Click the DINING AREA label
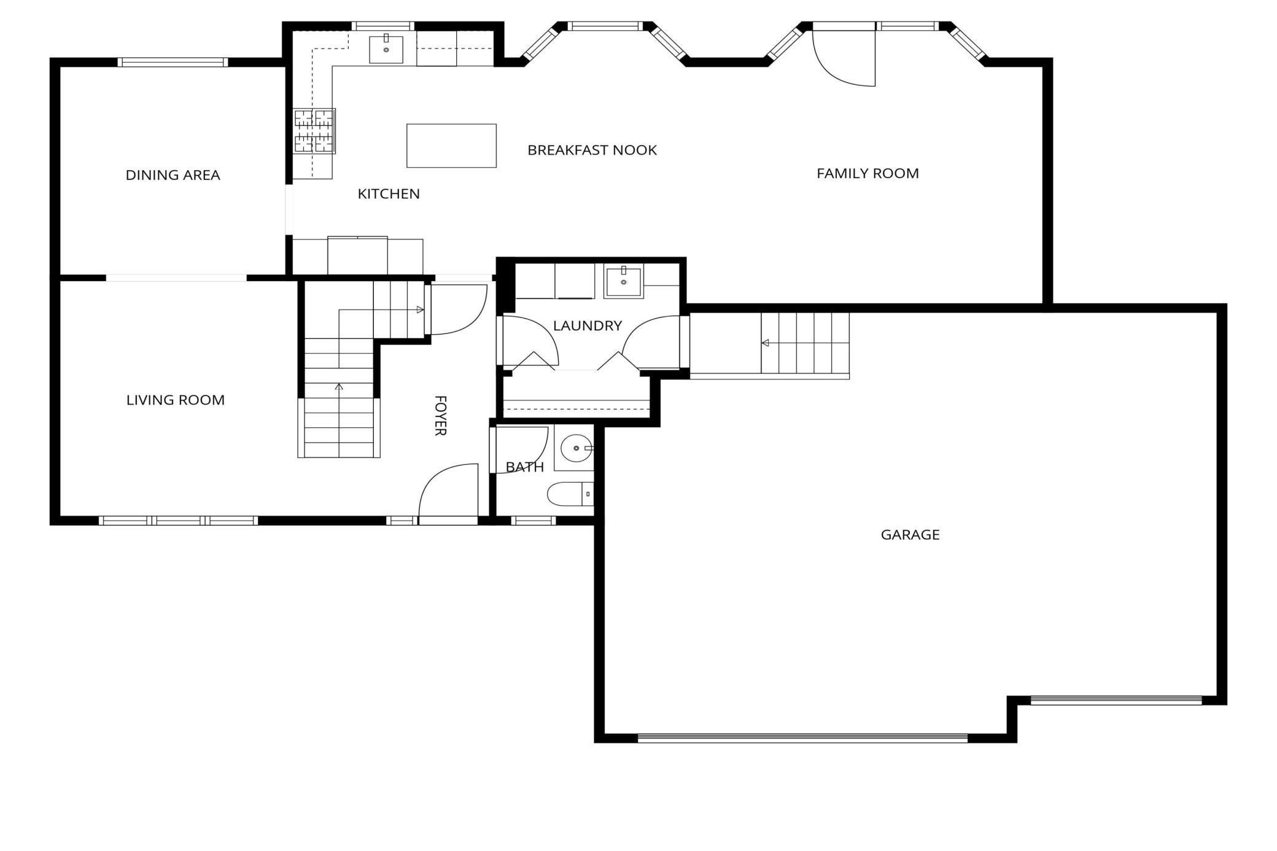coord(173,175)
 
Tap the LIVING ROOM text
coord(176,400)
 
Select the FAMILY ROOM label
coord(868,174)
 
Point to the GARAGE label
coord(910,535)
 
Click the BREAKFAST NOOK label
coord(592,150)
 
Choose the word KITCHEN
coord(389,194)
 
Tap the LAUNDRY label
coord(588,326)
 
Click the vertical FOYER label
coord(440,416)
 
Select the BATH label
coord(525,467)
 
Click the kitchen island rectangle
coord(451,146)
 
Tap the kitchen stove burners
coord(314,131)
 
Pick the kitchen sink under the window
coord(386,49)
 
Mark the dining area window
coord(173,62)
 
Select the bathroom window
coord(533,521)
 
